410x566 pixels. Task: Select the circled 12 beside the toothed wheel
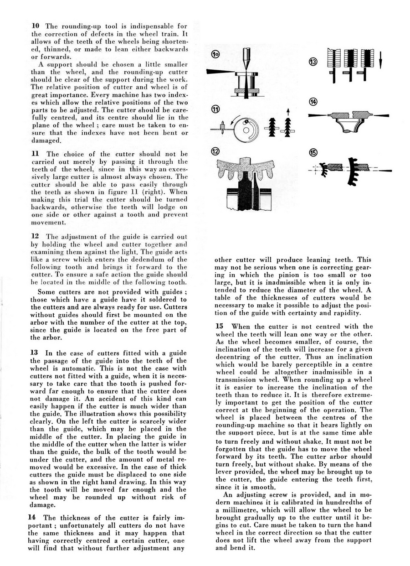click(215, 152)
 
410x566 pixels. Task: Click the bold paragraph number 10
click(34, 26)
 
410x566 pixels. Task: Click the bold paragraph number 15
click(220, 326)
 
